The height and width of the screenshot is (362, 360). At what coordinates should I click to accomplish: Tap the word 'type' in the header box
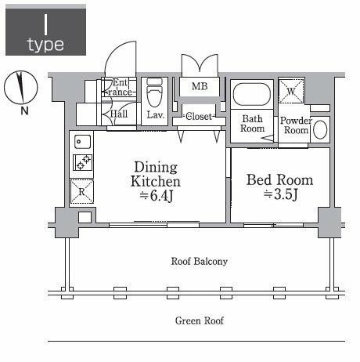(x=46, y=44)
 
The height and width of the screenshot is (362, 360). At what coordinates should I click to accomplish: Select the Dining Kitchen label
(x=156, y=174)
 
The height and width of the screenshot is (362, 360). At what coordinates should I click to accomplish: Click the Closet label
(x=198, y=117)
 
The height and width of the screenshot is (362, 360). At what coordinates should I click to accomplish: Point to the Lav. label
(x=155, y=115)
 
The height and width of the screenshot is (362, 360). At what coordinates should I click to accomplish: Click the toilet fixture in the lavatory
(x=154, y=92)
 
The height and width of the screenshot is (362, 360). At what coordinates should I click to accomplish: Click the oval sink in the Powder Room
(x=320, y=130)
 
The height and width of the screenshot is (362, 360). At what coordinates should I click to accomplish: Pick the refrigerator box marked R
(x=82, y=189)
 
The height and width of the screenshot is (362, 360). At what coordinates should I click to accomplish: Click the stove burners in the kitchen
(x=82, y=163)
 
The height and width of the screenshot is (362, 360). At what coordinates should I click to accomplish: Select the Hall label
(x=119, y=114)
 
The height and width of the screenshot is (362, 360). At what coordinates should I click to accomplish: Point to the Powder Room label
(x=296, y=125)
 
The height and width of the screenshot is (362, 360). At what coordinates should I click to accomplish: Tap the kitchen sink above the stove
(x=82, y=143)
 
